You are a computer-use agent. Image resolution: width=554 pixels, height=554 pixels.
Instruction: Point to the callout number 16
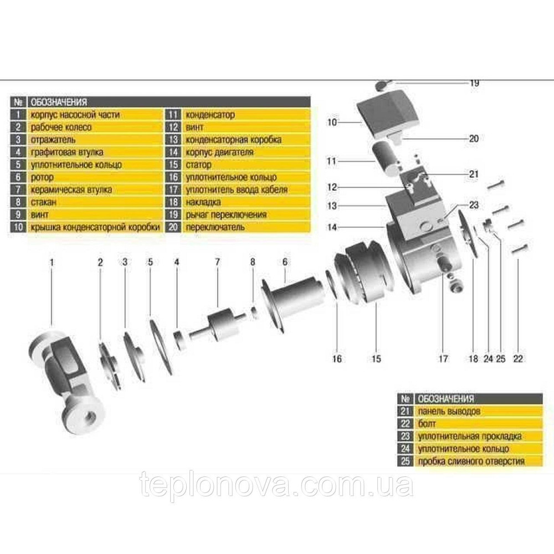(337, 359)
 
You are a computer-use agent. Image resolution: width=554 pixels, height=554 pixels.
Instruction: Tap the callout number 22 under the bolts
(517, 359)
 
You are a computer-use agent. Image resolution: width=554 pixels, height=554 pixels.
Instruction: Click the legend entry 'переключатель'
(210, 227)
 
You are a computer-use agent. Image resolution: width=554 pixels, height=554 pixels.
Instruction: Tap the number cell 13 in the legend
(172, 140)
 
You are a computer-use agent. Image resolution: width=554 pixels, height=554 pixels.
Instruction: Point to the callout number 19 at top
(474, 83)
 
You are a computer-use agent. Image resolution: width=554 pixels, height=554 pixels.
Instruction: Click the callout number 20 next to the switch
(473, 139)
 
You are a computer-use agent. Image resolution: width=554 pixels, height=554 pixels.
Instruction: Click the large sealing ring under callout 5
(160, 346)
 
